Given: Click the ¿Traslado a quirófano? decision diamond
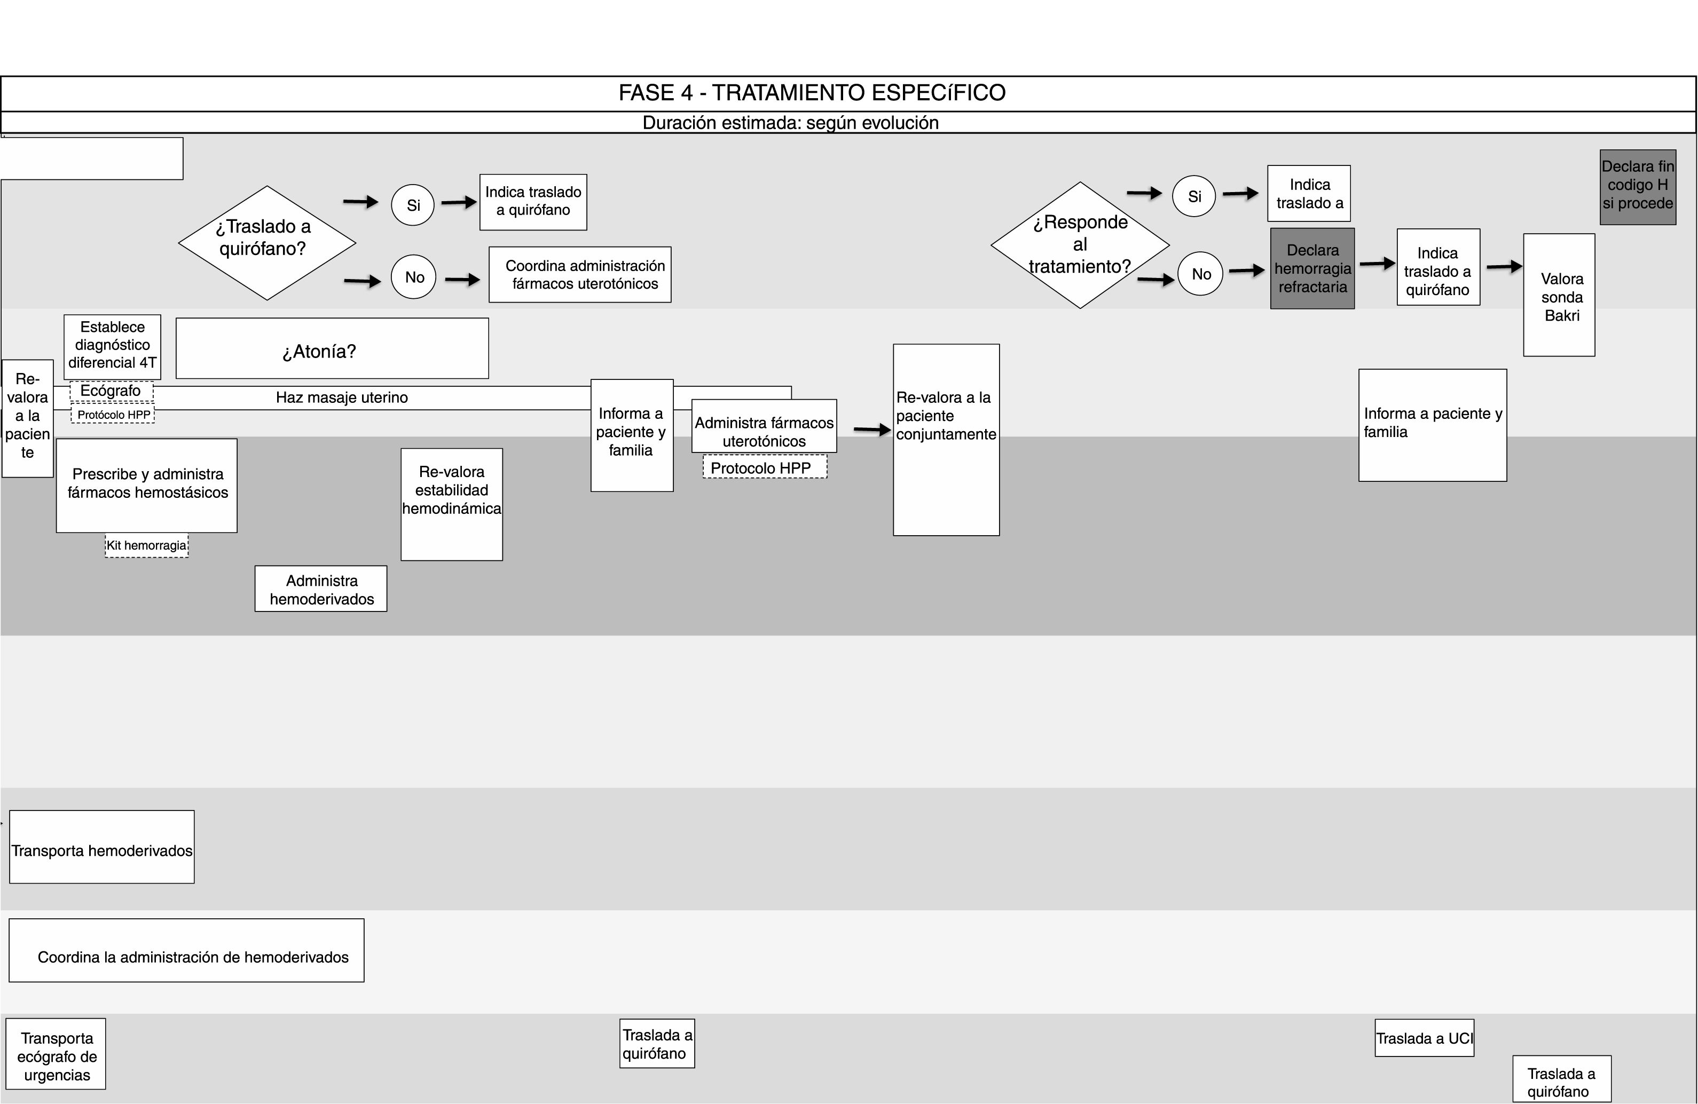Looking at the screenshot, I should pyautogui.click(x=267, y=242).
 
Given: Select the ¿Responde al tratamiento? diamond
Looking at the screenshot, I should pyautogui.click(x=1080, y=244).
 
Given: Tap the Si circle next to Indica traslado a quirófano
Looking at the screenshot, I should pyautogui.click(x=413, y=205).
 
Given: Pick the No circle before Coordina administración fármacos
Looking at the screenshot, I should pyautogui.click(x=414, y=277).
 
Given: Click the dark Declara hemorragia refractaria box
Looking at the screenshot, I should pyautogui.click(x=1312, y=269).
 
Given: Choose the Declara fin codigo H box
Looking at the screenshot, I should pyautogui.click(x=1637, y=187).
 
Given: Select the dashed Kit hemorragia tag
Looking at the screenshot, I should pyautogui.click(x=146, y=545).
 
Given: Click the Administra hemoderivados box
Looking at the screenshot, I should pyautogui.click(x=321, y=589).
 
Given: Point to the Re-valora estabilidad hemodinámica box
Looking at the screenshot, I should pyautogui.click(x=452, y=504).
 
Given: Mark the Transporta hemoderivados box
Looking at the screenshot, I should pyautogui.click(x=101, y=847).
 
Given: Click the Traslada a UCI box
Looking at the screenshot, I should pyautogui.click(x=1424, y=1038).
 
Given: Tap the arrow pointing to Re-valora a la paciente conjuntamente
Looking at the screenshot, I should pyautogui.click(x=872, y=430).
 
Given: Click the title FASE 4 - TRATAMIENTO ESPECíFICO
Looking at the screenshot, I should pyautogui.click(x=812, y=93).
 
